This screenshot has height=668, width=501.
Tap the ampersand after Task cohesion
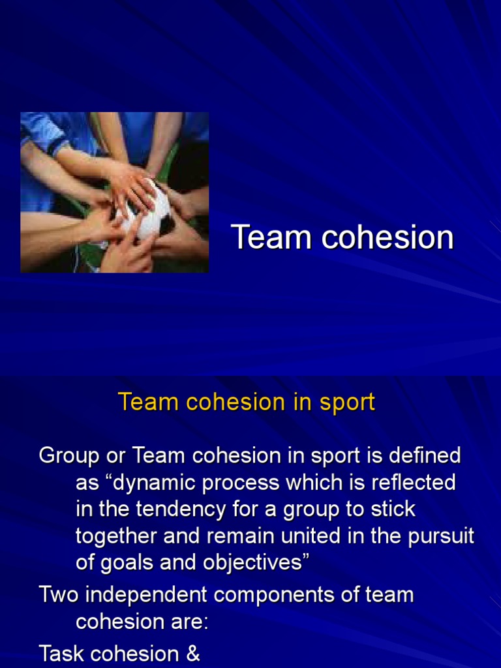coord(192,653)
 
